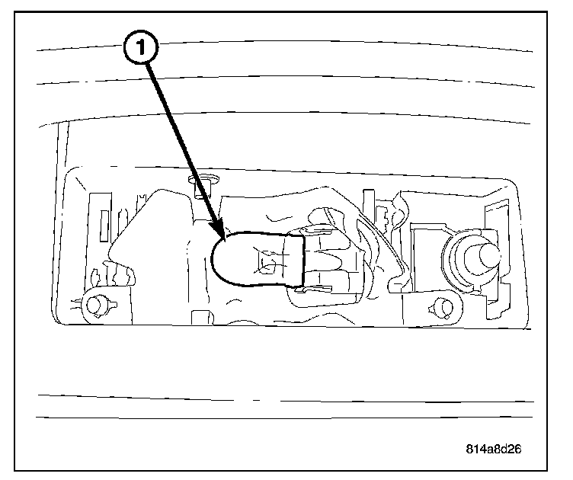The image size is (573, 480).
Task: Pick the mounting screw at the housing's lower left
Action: [97, 305]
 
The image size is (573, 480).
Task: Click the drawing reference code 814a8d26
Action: [495, 448]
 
